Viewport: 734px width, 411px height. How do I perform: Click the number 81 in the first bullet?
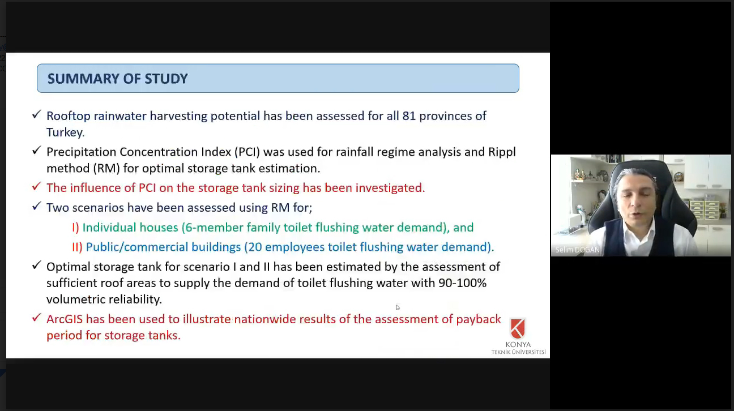(x=409, y=116)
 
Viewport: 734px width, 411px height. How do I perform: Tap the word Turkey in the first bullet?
(x=65, y=132)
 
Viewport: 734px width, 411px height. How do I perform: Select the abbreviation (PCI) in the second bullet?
(x=247, y=152)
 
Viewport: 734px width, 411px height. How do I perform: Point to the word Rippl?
(x=502, y=152)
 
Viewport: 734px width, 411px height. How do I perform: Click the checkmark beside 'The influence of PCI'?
(x=36, y=186)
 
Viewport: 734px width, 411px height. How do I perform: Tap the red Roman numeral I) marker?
(x=75, y=227)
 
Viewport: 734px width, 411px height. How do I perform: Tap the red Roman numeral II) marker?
(x=77, y=247)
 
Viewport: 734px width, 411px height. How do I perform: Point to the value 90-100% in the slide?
(x=462, y=283)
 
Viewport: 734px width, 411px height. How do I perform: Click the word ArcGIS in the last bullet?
(x=65, y=319)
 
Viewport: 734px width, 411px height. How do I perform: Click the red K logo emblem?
(x=518, y=328)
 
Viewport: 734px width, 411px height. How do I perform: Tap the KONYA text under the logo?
(x=518, y=345)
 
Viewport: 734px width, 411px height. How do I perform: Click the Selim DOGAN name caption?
(x=577, y=250)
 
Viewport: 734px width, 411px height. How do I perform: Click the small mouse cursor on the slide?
(x=398, y=307)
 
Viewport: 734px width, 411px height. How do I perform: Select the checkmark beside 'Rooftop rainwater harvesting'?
(x=36, y=114)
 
